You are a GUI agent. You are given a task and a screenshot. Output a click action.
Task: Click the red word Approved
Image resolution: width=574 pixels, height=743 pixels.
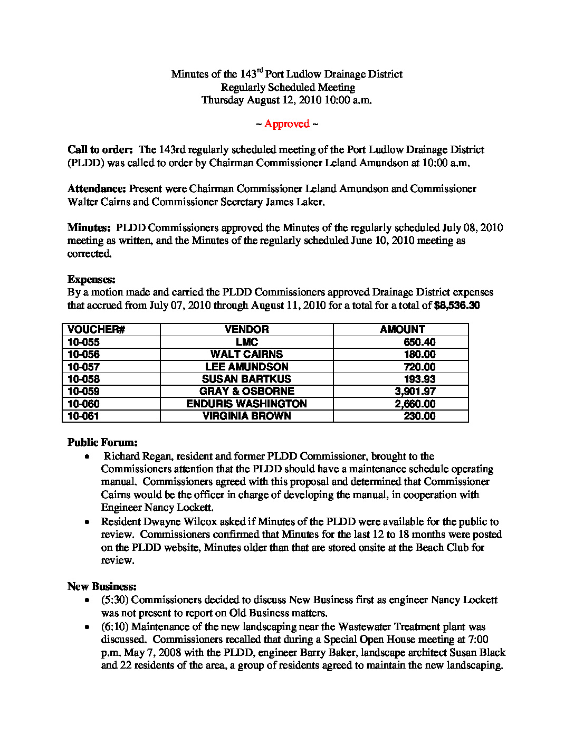coord(286,124)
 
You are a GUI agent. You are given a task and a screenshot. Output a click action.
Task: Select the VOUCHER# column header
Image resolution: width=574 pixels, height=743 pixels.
coord(96,329)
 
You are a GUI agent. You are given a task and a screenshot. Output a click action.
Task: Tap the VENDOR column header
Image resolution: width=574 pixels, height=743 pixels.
coord(246,329)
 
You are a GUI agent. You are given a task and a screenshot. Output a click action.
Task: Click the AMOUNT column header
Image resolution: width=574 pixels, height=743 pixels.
coord(402,329)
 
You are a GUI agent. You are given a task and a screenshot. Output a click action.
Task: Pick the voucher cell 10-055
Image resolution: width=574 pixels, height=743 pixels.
coord(83,342)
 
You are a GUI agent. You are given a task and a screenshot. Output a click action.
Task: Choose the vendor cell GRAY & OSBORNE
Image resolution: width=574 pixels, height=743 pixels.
coord(246,391)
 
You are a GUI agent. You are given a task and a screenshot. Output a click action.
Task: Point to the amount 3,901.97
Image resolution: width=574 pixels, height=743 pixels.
coord(415,391)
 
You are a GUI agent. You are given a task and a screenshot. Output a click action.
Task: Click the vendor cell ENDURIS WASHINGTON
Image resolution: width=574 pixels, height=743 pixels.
coord(246,404)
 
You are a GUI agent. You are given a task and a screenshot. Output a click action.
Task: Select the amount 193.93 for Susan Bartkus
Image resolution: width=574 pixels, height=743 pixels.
coord(419,379)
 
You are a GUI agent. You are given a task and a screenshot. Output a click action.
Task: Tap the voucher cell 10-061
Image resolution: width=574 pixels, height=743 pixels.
coord(83,416)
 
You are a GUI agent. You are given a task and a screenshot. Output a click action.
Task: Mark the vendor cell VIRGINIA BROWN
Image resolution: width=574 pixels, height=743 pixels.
coord(246,416)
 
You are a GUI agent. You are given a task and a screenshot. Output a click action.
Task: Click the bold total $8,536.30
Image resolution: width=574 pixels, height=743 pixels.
coord(456,306)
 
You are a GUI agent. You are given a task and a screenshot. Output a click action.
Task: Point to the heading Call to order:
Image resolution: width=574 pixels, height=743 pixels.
coord(100,150)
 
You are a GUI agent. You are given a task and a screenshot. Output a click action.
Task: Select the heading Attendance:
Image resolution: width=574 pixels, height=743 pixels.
coord(97,189)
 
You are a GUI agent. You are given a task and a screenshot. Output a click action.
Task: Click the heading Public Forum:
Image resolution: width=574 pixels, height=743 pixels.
coord(102,443)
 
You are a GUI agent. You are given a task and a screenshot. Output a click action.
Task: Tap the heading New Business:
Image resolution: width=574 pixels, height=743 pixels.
coord(102,587)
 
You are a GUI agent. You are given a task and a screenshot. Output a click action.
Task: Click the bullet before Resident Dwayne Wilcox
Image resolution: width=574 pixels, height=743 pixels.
coord(87,522)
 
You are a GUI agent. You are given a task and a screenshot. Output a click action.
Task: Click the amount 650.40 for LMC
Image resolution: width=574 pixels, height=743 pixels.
coord(419,342)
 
